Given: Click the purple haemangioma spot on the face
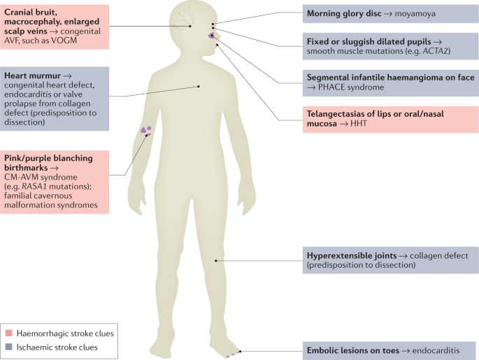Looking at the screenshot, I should [212, 35].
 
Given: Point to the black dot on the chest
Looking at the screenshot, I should [199, 87].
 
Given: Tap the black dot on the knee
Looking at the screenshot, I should [217, 261].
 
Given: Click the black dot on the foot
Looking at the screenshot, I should [240, 351].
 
